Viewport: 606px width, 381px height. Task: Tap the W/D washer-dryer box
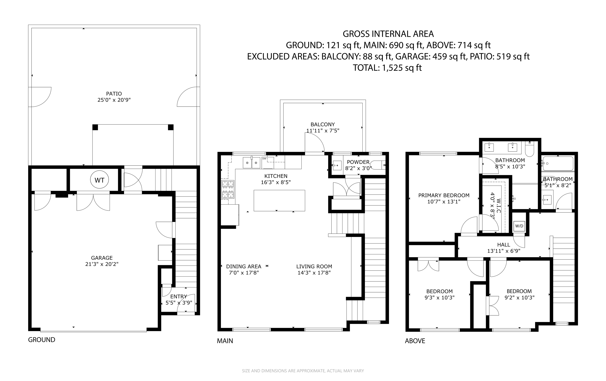click(519, 226)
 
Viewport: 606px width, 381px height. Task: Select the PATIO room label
click(114, 94)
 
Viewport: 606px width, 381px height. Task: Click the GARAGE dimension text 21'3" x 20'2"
click(102, 264)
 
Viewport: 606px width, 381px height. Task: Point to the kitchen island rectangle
click(279, 201)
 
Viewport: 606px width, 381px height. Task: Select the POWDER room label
click(358, 162)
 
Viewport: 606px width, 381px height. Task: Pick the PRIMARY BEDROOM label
click(444, 195)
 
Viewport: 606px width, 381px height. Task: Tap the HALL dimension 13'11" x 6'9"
click(504, 251)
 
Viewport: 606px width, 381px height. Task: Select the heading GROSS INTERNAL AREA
click(388, 34)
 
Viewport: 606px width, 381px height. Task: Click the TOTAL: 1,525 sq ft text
click(387, 68)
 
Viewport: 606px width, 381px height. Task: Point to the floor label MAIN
click(225, 341)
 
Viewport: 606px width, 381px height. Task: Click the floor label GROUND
click(41, 340)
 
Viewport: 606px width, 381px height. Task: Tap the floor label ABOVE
click(415, 341)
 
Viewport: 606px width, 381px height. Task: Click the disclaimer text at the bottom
click(303, 371)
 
